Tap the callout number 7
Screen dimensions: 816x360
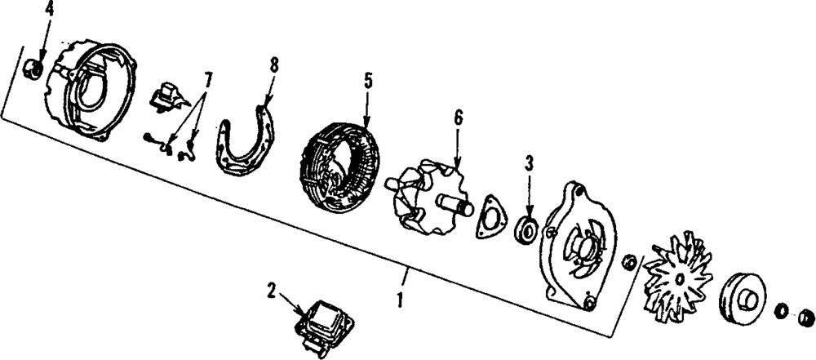(x=209, y=80)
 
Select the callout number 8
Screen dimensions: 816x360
(x=273, y=63)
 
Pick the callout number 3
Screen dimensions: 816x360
(x=529, y=162)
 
